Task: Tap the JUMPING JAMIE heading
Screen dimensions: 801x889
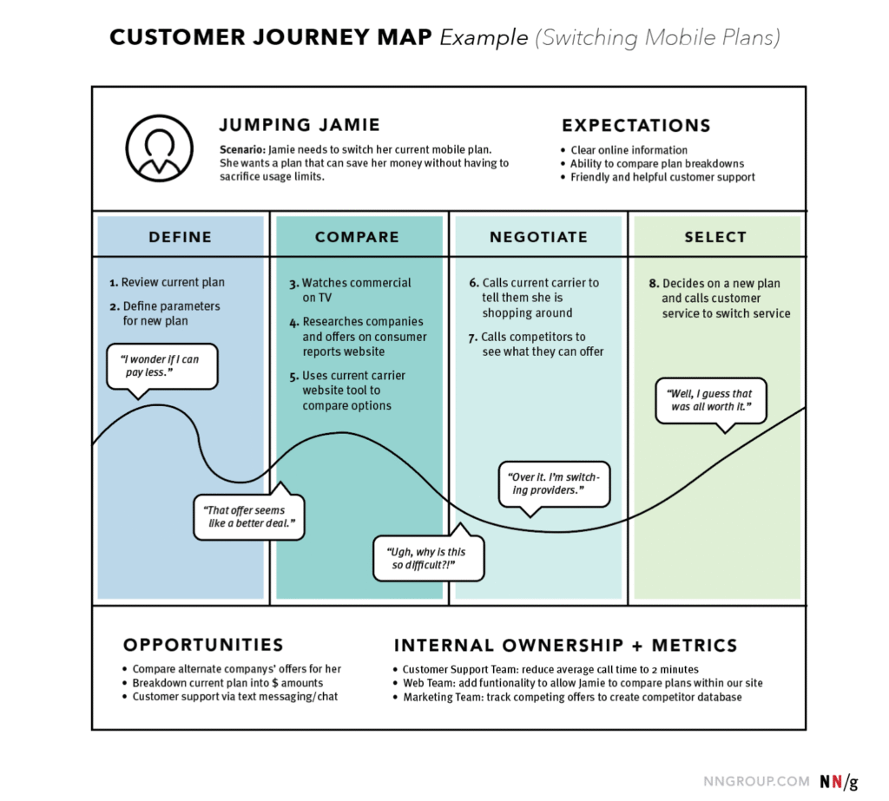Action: [300, 125]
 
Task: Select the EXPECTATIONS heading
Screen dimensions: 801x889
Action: [635, 125]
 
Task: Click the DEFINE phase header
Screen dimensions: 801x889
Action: [180, 237]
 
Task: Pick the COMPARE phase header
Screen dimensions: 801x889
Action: [357, 237]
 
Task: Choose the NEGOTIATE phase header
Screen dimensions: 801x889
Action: [538, 237]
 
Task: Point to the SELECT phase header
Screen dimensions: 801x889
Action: [715, 237]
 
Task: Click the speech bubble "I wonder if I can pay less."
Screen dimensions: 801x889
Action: [161, 366]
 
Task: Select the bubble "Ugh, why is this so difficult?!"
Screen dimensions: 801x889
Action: [428, 559]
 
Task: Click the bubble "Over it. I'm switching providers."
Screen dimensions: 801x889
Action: [554, 484]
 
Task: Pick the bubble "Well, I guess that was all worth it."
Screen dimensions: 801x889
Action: [710, 400]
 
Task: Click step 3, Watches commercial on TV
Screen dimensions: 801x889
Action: [351, 290]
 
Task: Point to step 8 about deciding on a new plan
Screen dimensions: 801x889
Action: [720, 298]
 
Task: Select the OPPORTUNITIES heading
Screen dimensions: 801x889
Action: [203, 645]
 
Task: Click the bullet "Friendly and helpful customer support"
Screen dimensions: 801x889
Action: [662, 177]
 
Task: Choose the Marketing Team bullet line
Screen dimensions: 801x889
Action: [572, 697]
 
